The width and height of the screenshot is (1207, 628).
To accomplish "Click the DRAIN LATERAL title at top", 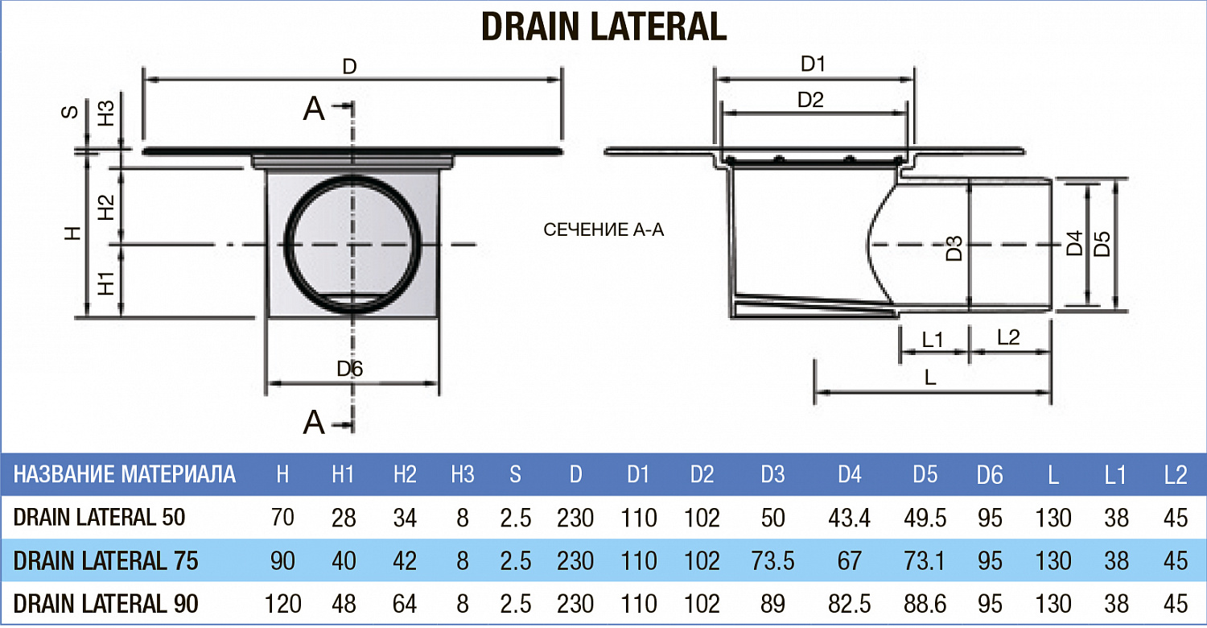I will pos(603,26).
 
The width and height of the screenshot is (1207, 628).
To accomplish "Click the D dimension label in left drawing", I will pos(349,67).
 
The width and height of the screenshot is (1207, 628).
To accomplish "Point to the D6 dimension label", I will pos(350,370).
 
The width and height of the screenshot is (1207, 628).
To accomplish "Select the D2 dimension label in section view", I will pos(810,101).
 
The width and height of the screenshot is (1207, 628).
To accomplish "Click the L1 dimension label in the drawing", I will pos(932,340).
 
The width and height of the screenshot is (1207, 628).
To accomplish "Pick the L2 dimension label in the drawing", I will pos(1008,338).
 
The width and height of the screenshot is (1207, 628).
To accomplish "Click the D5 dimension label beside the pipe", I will pos(1102,244).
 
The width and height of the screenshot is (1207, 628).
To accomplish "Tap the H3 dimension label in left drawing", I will pos(106,114).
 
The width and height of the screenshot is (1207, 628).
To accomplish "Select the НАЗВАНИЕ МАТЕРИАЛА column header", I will pos(125,474).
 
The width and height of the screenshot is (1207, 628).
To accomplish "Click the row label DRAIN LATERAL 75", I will pos(105,560).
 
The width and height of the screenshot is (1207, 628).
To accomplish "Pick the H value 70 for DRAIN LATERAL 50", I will pos(282,518).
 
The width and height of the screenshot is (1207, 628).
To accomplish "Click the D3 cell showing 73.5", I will pos(772,560).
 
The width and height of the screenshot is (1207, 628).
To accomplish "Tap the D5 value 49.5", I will pos(925,518).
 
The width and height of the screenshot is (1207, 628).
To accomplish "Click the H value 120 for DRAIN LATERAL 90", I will pos(282,603).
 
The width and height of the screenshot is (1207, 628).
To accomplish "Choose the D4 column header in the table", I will pos(849,475).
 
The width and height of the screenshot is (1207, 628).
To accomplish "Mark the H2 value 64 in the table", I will pos(405,603).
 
